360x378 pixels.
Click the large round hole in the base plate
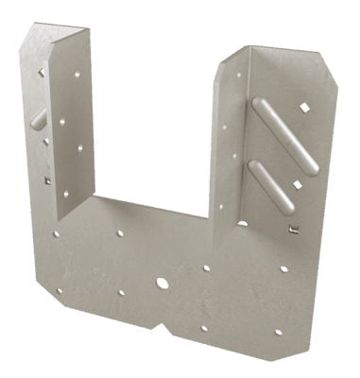click(163, 283)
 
